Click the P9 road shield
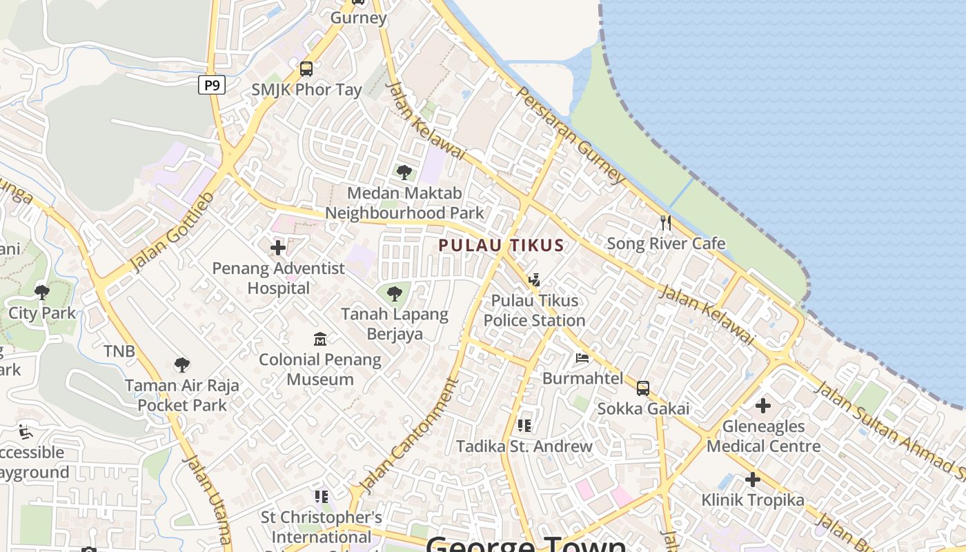[x=212, y=86]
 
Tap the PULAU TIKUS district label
[x=502, y=245]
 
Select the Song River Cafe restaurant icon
[x=666, y=222]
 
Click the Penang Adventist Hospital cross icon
[x=278, y=247]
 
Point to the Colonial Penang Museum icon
[x=320, y=339]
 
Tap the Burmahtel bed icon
[x=582, y=358]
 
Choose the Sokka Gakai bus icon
[x=643, y=388]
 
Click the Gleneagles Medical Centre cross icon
[x=763, y=405]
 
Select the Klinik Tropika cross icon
[x=753, y=479]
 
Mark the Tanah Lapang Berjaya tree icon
[x=395, y=295]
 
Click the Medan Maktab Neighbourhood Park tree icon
[x=404, y=172]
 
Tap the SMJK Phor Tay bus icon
[x=306, y=69]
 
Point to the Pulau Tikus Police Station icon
[x=533, y=280]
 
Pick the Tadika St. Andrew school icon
[x=524, y=426]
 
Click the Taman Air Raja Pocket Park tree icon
[x=182, y=364]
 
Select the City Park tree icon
[x=42, y=292]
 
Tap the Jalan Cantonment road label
[x=410, y=436]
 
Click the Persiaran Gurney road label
[x=570, y=135]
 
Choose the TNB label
[x=119, y=351]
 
